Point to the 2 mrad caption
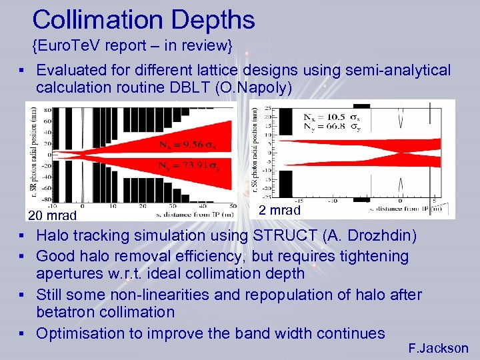(x=279, y=210)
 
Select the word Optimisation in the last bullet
(x=81, y=333)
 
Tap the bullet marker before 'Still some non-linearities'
(x=23, y=295)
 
